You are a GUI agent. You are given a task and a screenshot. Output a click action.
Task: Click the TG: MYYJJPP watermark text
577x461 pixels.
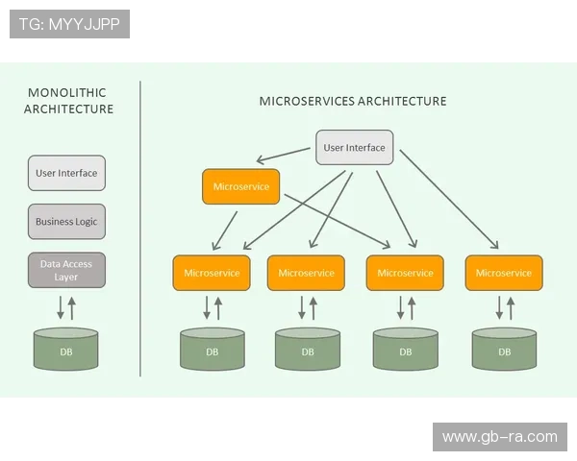[x=69, y=24]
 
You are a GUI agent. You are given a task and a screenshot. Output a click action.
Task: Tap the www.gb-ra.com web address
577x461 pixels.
[x=499, y=437]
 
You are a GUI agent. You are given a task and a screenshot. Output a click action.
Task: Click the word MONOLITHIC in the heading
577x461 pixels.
[x=67, y=93]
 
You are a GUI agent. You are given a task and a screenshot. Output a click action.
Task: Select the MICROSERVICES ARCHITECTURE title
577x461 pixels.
[x=353, y=101]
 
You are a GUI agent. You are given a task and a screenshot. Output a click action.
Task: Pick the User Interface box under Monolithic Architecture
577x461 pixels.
[x=66, y=173]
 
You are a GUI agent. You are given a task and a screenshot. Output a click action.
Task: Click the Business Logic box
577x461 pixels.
[x=66, y=222]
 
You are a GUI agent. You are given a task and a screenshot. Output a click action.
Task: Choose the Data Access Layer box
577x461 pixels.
[x=66, y=270]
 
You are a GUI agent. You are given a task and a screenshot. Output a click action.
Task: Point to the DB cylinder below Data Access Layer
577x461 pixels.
[x=66, y=351]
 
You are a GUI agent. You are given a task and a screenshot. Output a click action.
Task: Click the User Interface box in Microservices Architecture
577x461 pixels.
[x=354, y=148]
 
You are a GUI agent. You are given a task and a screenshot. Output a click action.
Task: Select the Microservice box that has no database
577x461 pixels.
[x=240, y=186]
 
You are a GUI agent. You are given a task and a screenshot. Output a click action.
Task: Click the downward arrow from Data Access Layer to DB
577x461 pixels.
[x=60, y=308]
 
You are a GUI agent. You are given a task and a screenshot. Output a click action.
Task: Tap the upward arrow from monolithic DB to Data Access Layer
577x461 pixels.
[x=72, y=308]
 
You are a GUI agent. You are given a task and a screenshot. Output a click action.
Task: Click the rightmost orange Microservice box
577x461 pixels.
[x=504, y=273]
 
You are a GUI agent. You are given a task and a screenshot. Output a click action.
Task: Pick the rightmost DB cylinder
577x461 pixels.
[x=504, y=351]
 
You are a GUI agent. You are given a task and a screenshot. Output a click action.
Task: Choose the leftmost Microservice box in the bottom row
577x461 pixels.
[x=212, y=273]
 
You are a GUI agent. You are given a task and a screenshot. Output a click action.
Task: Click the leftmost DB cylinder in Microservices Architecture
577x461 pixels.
[x=212, y=351]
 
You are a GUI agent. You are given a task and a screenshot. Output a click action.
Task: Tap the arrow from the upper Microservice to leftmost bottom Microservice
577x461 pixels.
[x=225, y=230]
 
